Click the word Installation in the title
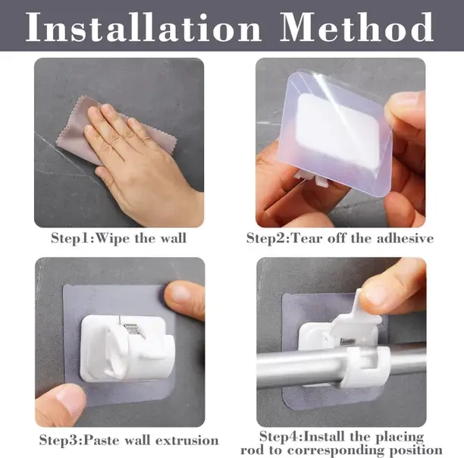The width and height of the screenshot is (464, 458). pos(143,27)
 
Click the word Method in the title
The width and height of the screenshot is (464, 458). pos(356,27)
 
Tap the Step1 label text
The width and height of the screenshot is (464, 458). pos(72,238)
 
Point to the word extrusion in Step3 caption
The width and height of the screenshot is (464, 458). pos(187,441)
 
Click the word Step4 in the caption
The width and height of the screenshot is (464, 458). pos(281,437)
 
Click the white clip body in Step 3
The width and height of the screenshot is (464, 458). pos(124,349)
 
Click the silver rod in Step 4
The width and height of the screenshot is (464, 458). pos(340,365)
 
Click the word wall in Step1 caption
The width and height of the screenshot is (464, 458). pos(174,238)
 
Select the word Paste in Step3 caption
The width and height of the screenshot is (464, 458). pos(102,441)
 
